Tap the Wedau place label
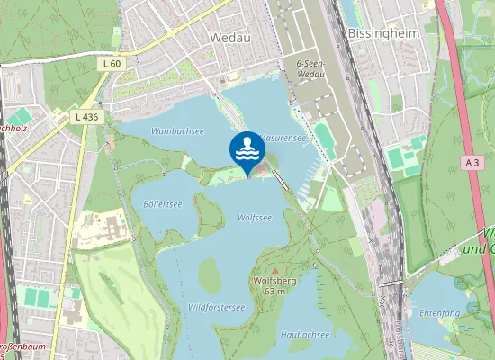pyautogui.click(x=227, y=38)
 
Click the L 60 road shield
pyautogui.click(x=112, y=64)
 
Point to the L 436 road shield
pyautogui.click(x=86, y=117)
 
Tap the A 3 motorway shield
pyautogui.click(x=473, y=162)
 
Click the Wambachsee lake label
pyautogui.click(x=177, y=131)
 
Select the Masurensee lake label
pyautogui.click(x=283, y=139)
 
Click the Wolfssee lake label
pyautogui.click(x=255, y=218)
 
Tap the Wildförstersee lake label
pyautogui.click(x=217, y=307)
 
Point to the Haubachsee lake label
pyautogui.click(x=305, y=334)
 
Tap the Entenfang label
pyautogui.click(x=440, y=314)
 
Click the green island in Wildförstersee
pyautogui.click(x=209, y=274)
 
